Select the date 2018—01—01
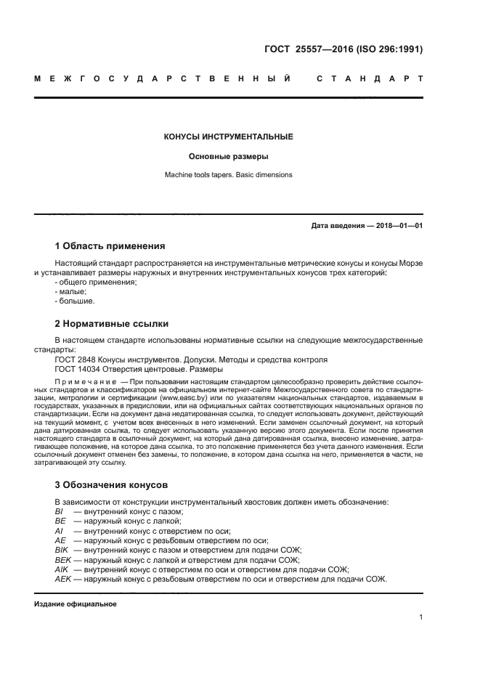tap(398, 226)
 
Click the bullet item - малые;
tap(70, 291)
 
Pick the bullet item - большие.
tap(75, 301)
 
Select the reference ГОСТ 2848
tap(74, 359)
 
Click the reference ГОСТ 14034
tap(77, 369)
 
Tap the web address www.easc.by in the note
tap(182, 399)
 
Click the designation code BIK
tap(61, 550)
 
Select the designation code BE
tap(60, 521)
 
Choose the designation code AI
tap(58, 531)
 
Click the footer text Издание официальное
tap(76, 603)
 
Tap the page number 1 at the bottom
tap(420, 618)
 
